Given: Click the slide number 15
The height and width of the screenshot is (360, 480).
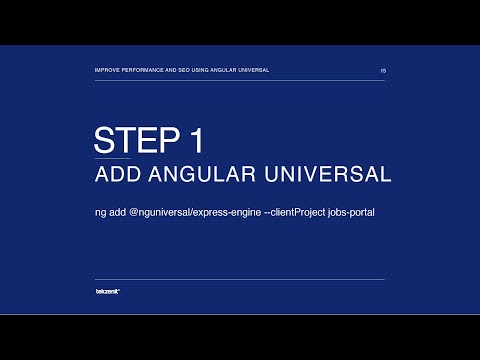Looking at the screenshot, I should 383,71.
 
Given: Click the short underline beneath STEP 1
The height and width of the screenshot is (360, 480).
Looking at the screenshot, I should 112,156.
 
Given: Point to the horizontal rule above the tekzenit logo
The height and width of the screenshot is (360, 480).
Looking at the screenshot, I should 239,279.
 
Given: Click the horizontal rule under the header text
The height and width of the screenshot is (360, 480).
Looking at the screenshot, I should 239,80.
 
